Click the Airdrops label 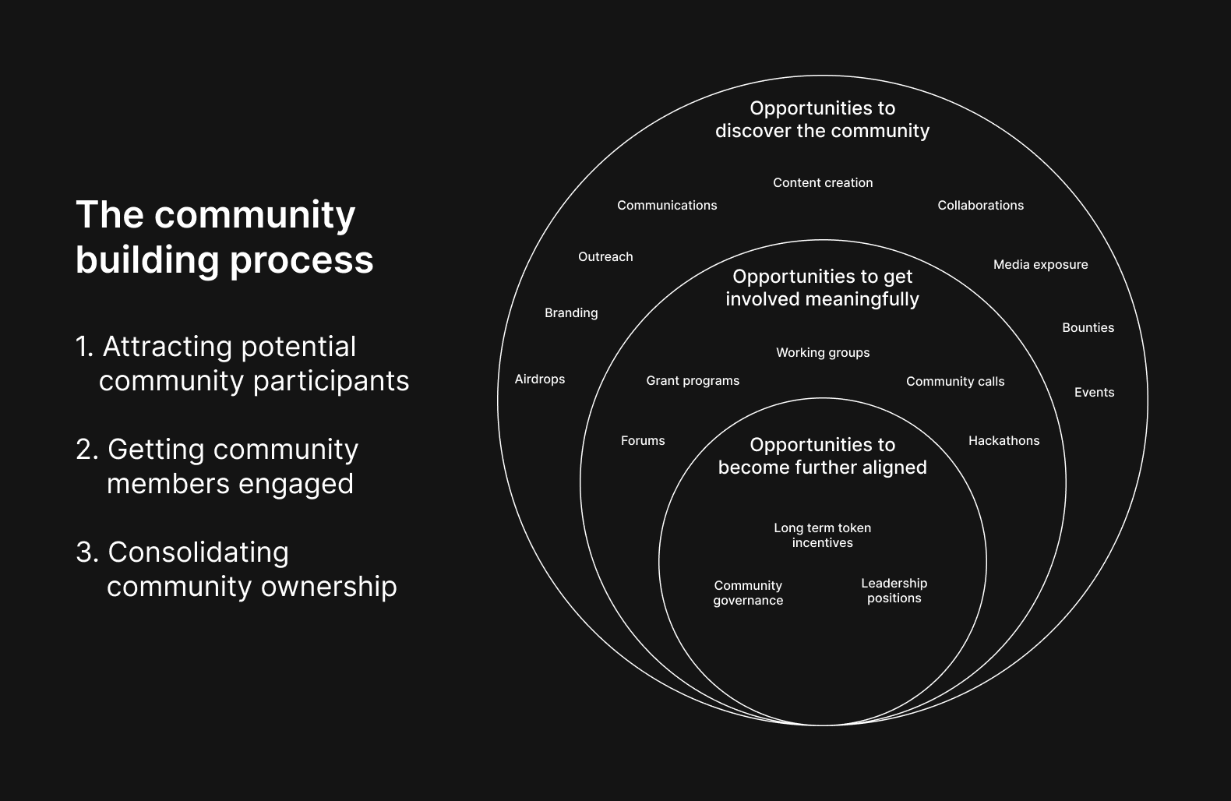[539, 379]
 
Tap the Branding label [571, 313]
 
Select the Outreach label [605, 257]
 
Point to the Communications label [667, 206]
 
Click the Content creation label [823, 183]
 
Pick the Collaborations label [980, 206]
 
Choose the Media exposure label [1040, 265]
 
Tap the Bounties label [1088, 328]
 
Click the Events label [1094, 393]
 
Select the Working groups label [823, 353]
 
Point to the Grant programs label [693, 381]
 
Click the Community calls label [955, 382]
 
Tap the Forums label [643, 441]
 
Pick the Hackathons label [1003, 441]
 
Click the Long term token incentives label [823, 535]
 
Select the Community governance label [748, 593]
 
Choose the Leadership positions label [894, 591]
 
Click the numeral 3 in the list [85, 552]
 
